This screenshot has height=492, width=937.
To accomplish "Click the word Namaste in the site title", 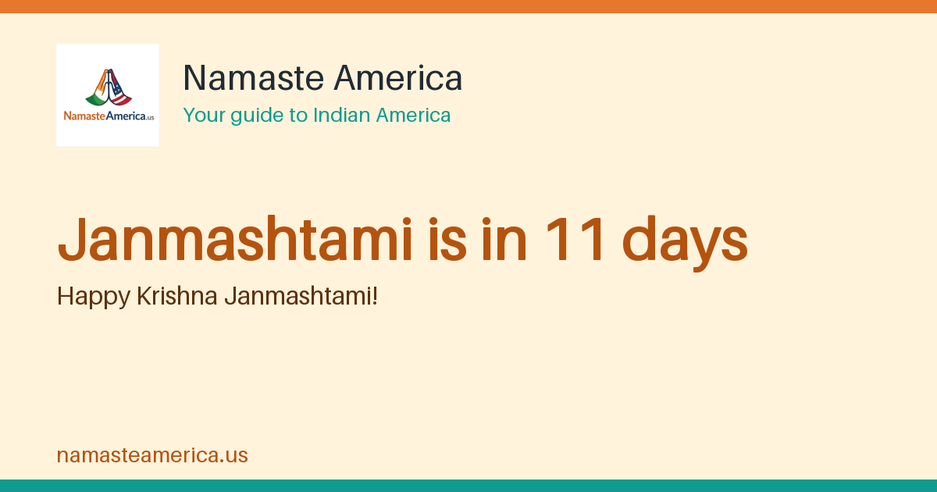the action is click(254, 78).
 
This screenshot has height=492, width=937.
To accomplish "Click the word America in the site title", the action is click(397, 78).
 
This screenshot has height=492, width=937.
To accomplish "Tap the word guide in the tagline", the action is click(256, 116).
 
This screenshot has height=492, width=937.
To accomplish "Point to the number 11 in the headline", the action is click(575, 239).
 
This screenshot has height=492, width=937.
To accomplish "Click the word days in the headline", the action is click(685, 243).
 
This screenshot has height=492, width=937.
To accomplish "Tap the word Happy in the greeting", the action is click(94, 297).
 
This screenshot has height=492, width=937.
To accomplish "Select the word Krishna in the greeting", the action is click(177, 296).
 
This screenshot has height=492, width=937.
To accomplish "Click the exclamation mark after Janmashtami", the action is click(375, 296).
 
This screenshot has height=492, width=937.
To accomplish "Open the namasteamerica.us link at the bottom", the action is click(152, 455).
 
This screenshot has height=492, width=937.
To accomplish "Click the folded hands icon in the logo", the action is click(109, 87).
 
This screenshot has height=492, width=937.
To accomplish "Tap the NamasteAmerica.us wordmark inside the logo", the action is click(109, 116).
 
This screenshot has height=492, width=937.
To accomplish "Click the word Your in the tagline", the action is click(204, 116).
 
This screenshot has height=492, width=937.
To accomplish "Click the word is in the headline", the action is click(447, 240).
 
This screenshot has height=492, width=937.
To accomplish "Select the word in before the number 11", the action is click(504, 240).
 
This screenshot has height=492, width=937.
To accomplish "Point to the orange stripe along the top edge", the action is click(468, 6).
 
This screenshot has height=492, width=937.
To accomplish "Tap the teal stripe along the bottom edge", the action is click(468, 486).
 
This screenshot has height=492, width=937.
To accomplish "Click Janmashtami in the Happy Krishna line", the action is click(297, 296).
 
